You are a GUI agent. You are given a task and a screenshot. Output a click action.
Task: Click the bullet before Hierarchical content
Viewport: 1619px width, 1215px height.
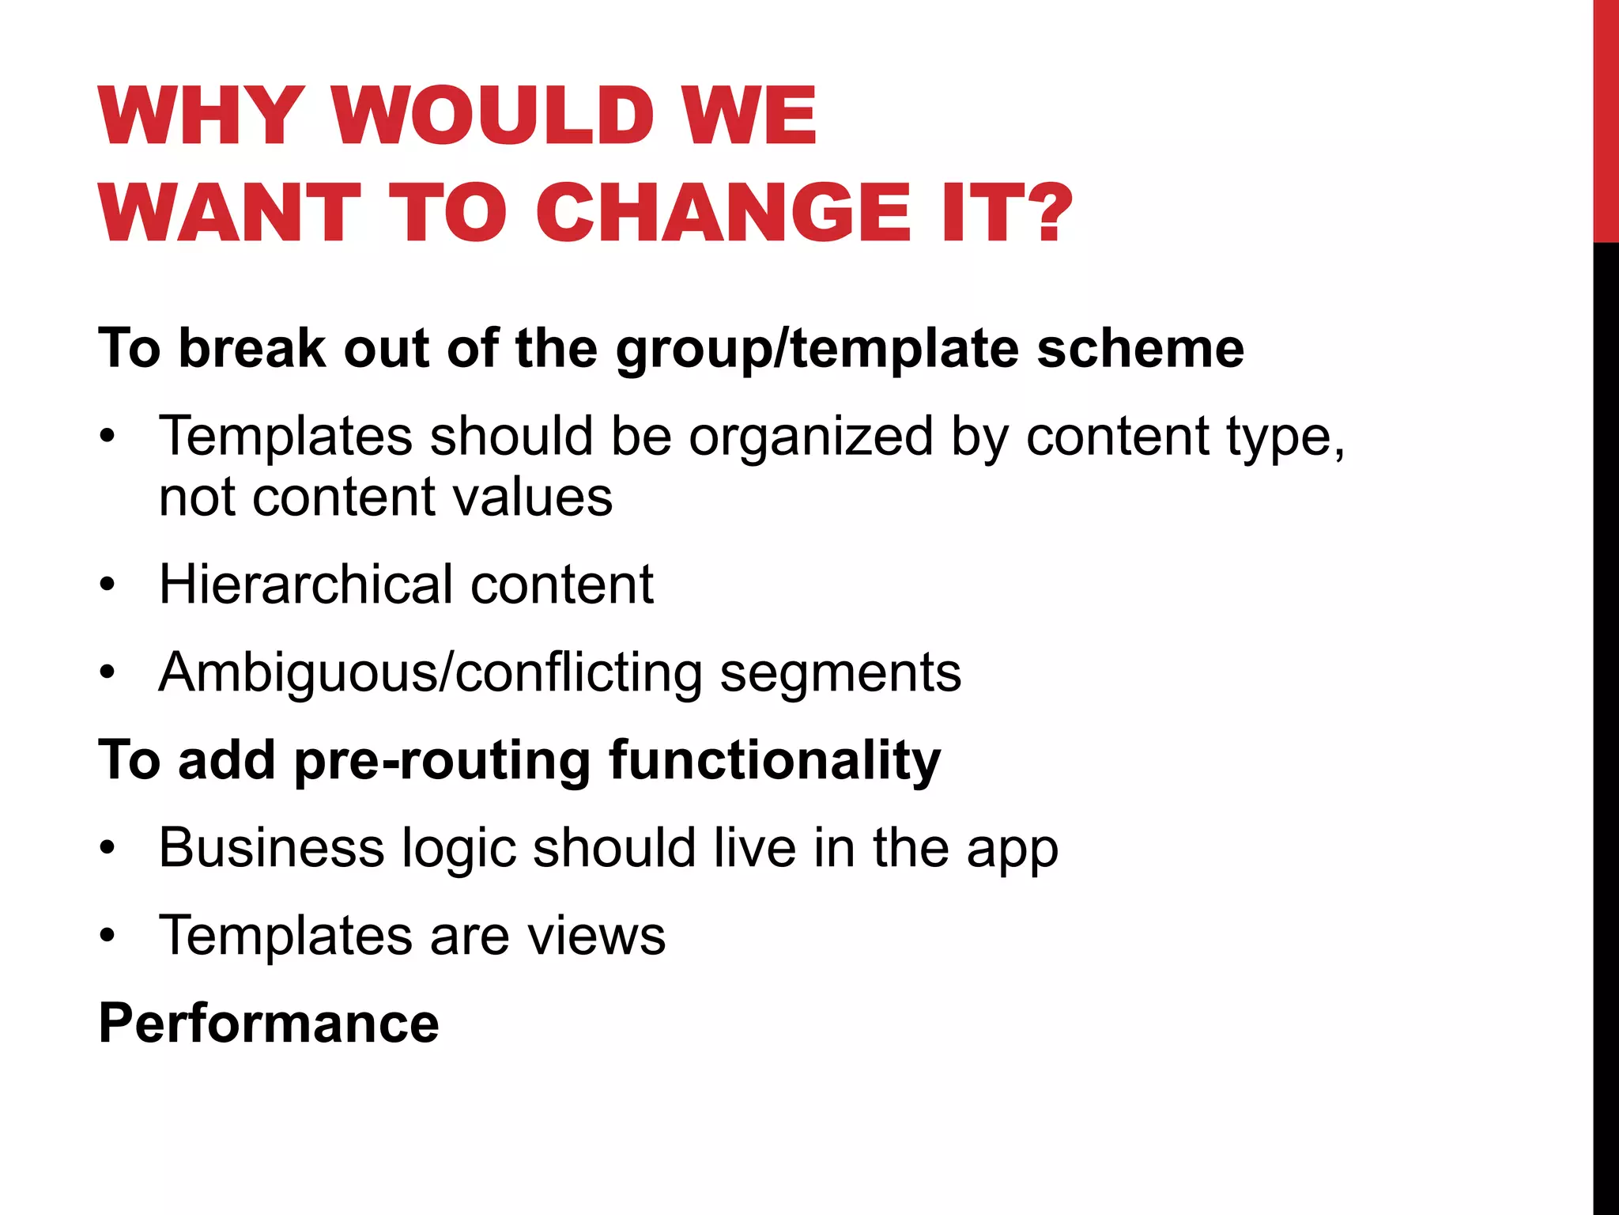point(108,586)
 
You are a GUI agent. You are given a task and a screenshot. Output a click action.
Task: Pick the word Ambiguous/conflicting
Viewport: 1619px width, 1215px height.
point(430,673)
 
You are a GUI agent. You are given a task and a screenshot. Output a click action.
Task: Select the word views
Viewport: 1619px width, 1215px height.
point(596,936)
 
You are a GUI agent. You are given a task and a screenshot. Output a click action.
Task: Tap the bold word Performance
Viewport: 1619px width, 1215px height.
point(269,1024)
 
